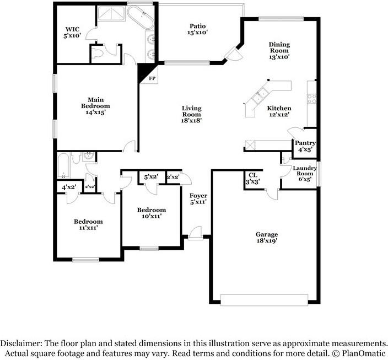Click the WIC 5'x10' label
[x=72, y=31]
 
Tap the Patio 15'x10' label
[x=198, y=29]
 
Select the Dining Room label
[x=279, y=50]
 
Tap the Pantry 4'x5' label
[x=305, y=147]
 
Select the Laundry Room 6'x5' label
[x=304, y=173]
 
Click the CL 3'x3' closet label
[x=253, y=178]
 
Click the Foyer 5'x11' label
[x=198, y=199]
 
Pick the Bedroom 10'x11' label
[x=152, y=213]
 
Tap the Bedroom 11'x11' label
[x=89, y=224]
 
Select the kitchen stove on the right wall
[x=311, y=99]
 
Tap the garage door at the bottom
[x=264, y=299]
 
